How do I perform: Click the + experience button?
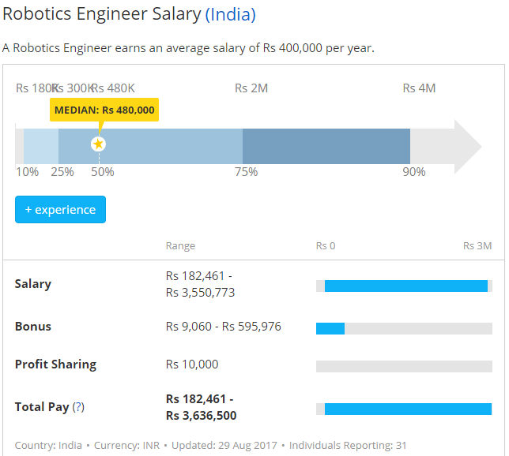pyautogui.click(x=60, y=210)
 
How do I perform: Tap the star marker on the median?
pyautogui.click(x=98, y=144)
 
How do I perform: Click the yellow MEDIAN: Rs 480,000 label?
pyautogui.click(x=104, y=110)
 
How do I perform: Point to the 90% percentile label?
pyautogui.click(x=414, y=172)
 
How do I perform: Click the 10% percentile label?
pyautogui.click(x=27, y=172)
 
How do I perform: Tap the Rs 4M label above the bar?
pyautogui.click(x=419, y=88)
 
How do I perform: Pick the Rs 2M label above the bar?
pyautogui.click(x=251, y=88)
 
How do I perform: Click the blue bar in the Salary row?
pyautogui.click(x=405, y=286)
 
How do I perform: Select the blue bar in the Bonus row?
pyautogui.click(x=330, y=328)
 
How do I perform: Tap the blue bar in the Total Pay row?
pyautogui.click(x=408, y=409)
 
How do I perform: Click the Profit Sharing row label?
pyautogui.click(x=55, y=364)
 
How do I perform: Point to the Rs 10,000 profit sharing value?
pyautogui.click(x=191, y=364)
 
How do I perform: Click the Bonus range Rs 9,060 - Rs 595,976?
pyautogui.click(x=223, y=327)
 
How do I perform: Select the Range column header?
pyautogui.click(x=180, y=246)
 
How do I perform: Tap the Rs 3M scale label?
pyautogui.click(x=477, y=246)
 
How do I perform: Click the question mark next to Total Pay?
pyautogui.click(x=78, y=408)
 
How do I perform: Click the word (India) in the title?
pyautogui.click(x=230, y=14)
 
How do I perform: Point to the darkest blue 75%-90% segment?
pyautogui.click(x=326, y=146)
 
